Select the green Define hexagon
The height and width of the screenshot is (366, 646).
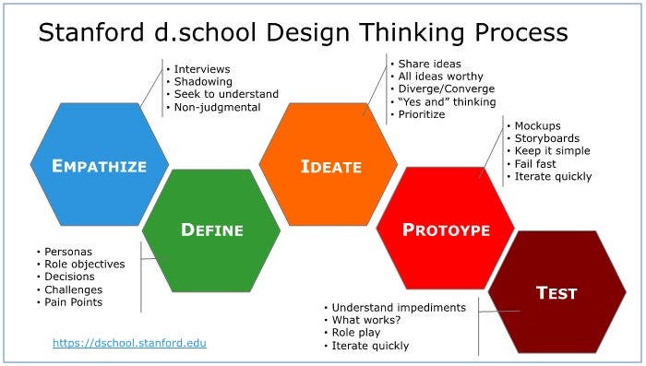211,230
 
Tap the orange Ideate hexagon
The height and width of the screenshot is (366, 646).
328,166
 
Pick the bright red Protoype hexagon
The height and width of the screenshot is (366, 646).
445,230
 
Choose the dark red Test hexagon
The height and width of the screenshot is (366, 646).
556,293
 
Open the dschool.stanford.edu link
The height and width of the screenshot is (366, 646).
130,343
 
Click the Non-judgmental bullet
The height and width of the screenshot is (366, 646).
215,108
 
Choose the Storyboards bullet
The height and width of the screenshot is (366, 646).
547,137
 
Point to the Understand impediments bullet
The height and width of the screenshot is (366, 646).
399,307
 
